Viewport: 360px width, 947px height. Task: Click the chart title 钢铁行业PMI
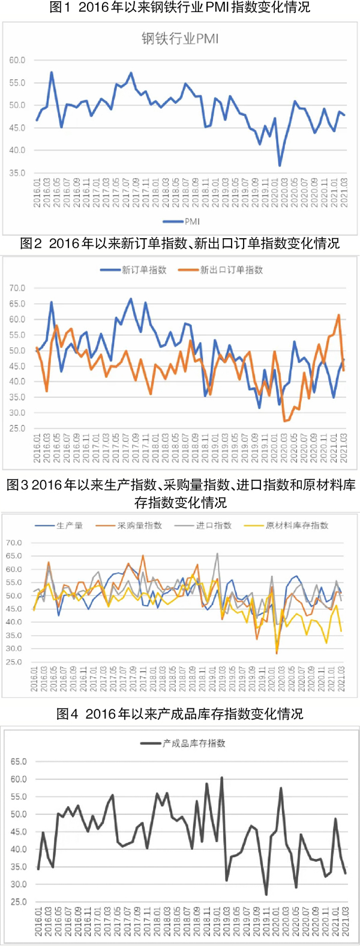tap(180, 39)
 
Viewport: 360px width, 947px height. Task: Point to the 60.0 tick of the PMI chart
tap(17, 60)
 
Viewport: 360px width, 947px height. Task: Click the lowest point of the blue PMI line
tap(280, 166)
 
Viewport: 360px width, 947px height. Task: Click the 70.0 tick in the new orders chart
tap(17, 288)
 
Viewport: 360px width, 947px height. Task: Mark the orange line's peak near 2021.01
tap(339, 315)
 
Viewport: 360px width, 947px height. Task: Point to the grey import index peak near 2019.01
tap(217, 554)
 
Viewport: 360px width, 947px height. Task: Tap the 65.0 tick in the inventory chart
tap(19, 762)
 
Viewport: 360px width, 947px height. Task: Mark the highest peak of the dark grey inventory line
tap(221, 778)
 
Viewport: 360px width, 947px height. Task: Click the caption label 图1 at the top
tap(62, 8)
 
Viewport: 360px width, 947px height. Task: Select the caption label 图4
tap(67, 714)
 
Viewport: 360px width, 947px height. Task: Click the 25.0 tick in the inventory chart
tap(19, 901)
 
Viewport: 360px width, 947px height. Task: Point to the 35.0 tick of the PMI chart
tap(17, 173)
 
